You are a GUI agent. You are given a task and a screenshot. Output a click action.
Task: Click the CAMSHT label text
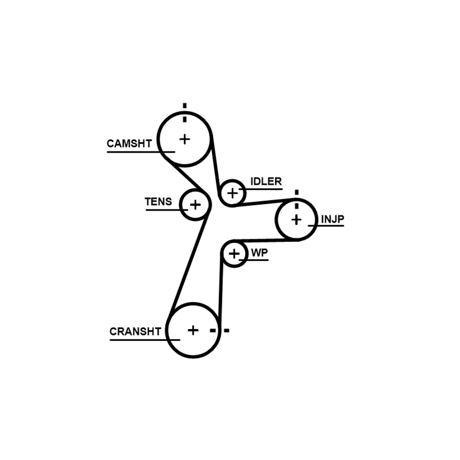[x=129, y=143]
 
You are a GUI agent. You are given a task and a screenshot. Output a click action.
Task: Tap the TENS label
[x=159, y=202]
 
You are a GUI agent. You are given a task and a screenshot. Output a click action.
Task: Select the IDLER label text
[x=266, y=181]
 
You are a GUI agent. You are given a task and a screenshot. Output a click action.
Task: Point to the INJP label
[x=333, y=219]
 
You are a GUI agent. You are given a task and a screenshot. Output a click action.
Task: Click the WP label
[x=260, y=253]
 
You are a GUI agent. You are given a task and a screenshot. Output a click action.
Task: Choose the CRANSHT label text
[x=135, y=332]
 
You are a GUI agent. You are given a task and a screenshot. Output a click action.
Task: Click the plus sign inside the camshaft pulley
[x=185, y=139]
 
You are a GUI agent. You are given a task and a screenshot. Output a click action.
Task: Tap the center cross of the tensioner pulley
[x=195, y=205]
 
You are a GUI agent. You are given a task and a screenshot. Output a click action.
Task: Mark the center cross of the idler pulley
[x=233, y=193]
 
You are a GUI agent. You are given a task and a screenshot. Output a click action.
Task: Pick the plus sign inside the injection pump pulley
[x=297, y=220]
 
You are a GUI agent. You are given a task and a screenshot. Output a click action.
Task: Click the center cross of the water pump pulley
[x=234, y=254]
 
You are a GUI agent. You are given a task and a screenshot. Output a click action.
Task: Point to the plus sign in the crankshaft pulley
[x=193, y=330]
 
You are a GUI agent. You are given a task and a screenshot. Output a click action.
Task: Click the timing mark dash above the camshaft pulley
[x=185, y=106]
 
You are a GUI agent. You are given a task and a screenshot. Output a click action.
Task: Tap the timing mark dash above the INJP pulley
[x=297, y=193]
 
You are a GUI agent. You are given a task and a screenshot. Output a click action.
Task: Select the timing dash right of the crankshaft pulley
[x=226, y=331]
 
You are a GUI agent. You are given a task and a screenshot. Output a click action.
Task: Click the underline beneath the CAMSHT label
[x=141, y=152]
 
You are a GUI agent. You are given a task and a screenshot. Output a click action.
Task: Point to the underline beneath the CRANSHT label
[x=145, y=340]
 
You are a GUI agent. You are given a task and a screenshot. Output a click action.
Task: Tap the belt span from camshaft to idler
[x=215, y=166]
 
